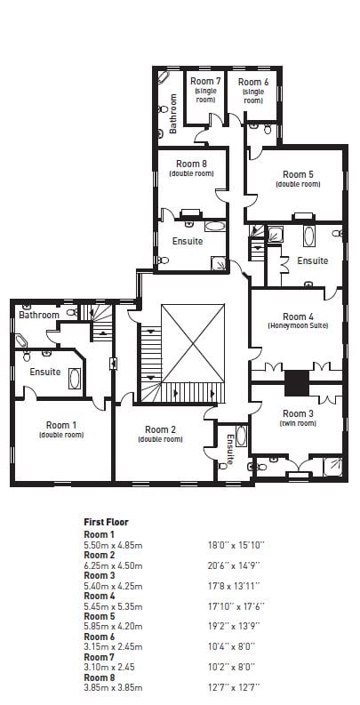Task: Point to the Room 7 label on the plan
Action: click(x=206, y=81)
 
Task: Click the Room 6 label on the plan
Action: click(x=253, y=82)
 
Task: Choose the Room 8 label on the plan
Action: click(x=191, y=164)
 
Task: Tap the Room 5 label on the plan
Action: click(x=298, y=174)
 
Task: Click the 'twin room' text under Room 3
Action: click(x=298, y=423)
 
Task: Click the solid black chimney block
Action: click(x=297, y=383)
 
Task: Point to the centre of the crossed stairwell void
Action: click(x=193, y=343)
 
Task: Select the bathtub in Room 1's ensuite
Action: click(x=75, y=379)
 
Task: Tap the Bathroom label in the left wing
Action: click(x=38, y=316)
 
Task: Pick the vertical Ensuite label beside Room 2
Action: click(x=230, y=450)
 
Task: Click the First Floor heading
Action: click(x=106, y=522)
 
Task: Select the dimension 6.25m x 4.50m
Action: click(x=113, y=565)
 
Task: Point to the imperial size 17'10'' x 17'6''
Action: click(x=236, y=606)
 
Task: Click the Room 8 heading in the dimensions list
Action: click(x=100, y=677)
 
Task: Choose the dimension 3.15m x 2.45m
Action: click(x=113, y=647)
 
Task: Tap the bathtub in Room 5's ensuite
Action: click(x=308, y=236)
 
